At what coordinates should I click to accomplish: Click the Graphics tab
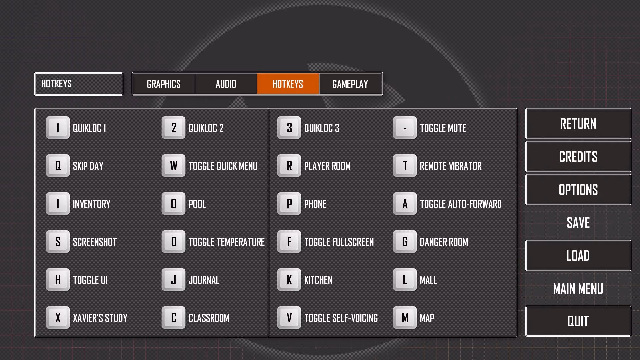pyautogui.click(x=164, y=84)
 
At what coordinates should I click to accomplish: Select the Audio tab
pyautogui.click(x=226, y=84)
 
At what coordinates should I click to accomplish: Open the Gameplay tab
pyautogui.click(x=350, y=84)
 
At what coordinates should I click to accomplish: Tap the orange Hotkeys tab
pyautogui.click(x=288, y=84)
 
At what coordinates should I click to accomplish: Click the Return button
pyautogui.click(x=578, y=124)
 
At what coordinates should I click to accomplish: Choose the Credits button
pyautogui.click(x=578, y=157)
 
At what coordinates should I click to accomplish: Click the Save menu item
pyautogui.click(x=578, y=223)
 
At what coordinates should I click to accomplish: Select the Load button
pyautogui.click(x=578, y=256)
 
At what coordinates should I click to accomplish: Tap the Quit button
pyautogui.click(x=578, y=321)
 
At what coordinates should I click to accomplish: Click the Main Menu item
pyautogui.click(x=578, y=289)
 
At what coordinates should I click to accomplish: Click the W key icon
pyautogui.click(x=173, y=166)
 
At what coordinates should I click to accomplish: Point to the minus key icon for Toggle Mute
pyautogui.click(x=405, y=128)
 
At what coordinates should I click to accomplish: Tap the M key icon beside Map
pyautogui.click(x=405, y=318)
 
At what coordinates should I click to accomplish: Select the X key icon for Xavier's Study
pyautogui.click(x=58, y=318)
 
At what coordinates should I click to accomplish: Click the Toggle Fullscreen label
pyautogui.click(x=339, y=242)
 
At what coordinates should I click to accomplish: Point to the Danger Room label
pyautogui.click(x=444, y=242)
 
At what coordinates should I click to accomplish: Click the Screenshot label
pyautogui.click(x=95, y=242)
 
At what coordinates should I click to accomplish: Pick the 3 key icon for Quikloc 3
pyautogui.click(x=289, y=128)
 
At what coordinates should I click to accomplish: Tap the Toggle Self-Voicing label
pyautogui.click(x=341, y=318)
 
